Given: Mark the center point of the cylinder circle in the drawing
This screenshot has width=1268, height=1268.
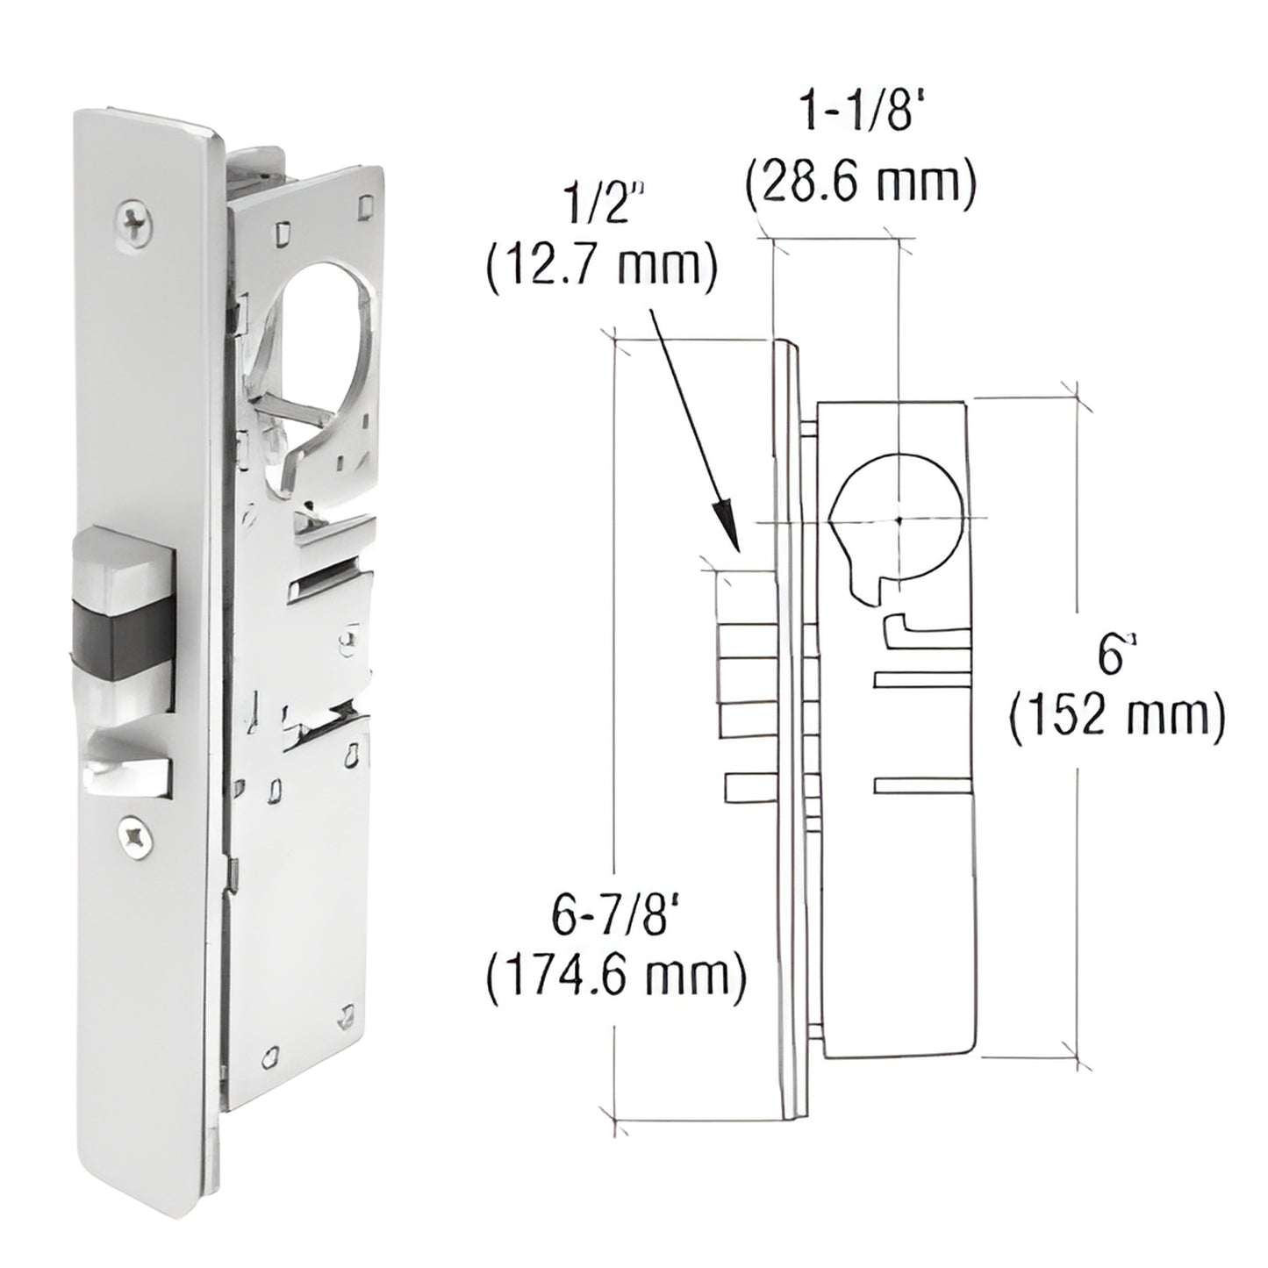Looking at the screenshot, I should (x=899, y=519).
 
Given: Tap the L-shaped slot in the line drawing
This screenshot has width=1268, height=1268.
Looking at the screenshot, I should (x=921, y=628).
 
